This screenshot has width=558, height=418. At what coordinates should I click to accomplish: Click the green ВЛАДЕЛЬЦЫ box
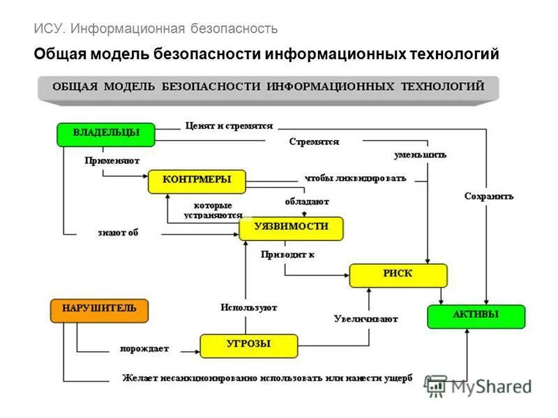(106, 134)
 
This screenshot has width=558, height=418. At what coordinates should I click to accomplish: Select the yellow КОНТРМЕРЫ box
(197, 181)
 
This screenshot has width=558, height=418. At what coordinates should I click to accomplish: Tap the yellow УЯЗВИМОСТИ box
(292, 229)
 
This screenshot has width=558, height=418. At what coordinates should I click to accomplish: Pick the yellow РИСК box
(398, 275)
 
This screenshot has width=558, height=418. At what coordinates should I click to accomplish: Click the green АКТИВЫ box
(476, 316)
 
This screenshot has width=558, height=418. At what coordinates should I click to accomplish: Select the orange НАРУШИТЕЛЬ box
(100, 310)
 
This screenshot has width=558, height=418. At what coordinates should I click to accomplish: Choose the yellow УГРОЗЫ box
(249, 346)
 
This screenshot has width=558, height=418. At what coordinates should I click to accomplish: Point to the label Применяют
(107, 160)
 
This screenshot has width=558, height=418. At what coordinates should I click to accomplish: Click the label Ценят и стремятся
(229, 126)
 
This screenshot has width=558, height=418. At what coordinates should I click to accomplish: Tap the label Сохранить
(489, 196)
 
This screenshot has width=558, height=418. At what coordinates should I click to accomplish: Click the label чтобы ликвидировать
(355, 178)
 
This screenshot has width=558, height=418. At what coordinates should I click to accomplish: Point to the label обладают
(307, 201)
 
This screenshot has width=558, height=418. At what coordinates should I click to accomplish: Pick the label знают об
(118, 233)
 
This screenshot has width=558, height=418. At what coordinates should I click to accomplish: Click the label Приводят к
(287, 254)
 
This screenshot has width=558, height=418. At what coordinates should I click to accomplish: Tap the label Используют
(249, 307)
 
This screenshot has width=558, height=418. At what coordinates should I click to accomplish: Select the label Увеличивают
(365, 319)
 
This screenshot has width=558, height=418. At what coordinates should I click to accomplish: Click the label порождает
(144, 348)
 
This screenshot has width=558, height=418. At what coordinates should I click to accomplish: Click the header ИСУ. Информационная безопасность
(156, 29)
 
